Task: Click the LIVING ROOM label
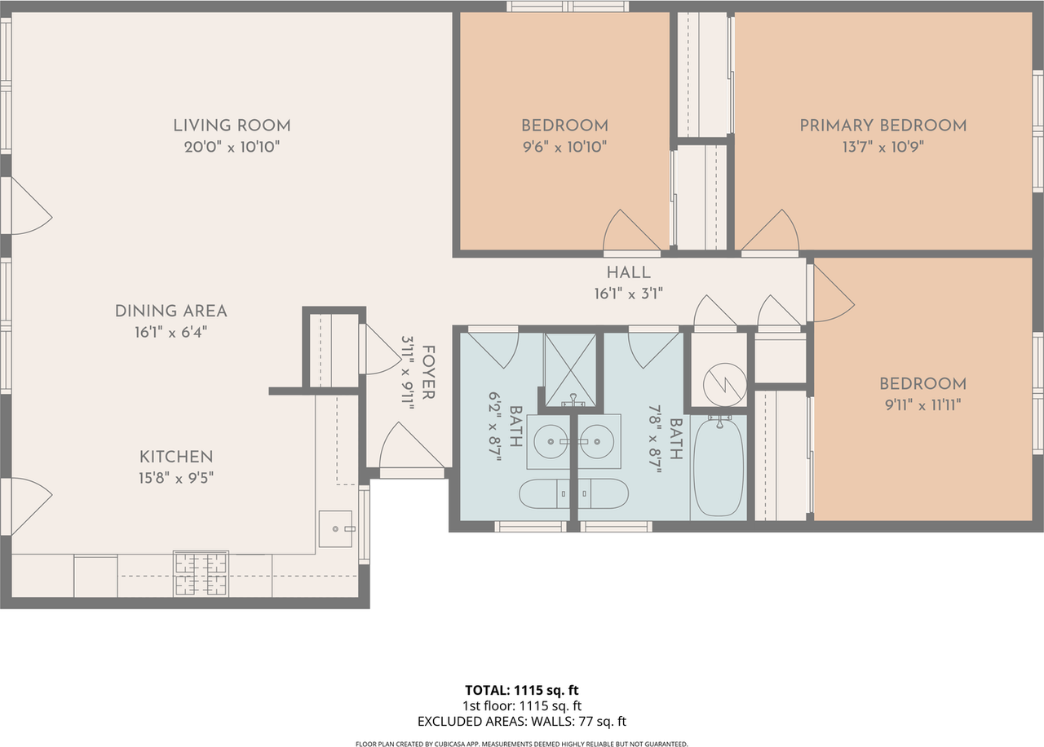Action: (232, 126)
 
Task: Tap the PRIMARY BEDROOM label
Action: (883, 126)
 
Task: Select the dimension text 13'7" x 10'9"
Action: (883, 148)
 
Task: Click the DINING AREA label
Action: (170, 311)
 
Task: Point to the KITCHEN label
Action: (176, 457)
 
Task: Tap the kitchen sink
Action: (335, 529)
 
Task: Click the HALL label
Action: (628, 272)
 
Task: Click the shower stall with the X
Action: (570, 369)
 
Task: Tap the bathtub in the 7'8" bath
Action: (719, 466)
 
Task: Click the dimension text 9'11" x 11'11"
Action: (922, 405)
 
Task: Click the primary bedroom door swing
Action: (771, 232)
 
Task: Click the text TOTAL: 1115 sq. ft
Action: (522, 690)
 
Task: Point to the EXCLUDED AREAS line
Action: (522, 722)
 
